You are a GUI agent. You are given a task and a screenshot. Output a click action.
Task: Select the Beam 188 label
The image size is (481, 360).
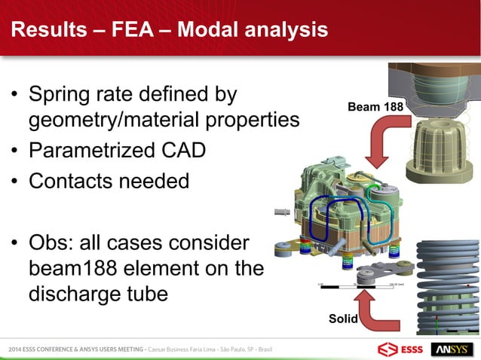tap(374, 108)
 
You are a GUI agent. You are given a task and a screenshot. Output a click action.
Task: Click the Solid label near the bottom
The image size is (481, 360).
tap(344, 319)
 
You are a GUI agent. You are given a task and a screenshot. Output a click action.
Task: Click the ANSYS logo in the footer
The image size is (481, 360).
tap(451, 350)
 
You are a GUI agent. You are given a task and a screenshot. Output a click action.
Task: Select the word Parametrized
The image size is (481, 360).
tap(91, 150)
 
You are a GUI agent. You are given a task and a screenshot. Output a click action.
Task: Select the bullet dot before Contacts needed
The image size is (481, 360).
tap(15, 182)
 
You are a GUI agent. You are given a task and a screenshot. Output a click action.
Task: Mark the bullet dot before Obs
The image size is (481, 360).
tap(15, 245)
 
